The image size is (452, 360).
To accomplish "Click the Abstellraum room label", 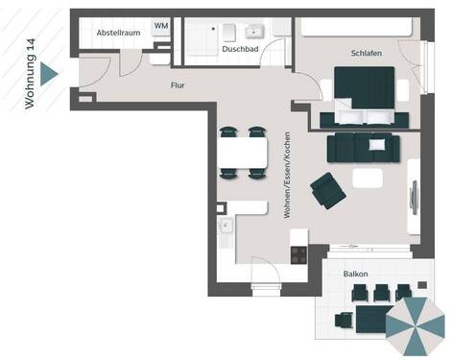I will click(119, 34).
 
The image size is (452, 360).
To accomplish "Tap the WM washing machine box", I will click(160, 26).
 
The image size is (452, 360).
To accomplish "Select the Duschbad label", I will click(239, 48).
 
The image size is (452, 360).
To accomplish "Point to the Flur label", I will click(177, 85).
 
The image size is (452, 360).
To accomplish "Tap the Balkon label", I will click(358, 274).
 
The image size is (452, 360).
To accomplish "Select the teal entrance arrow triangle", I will click(49, 73).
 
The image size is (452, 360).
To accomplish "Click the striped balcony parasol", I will click(415, 325).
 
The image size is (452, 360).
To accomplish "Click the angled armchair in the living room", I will click(327, 189).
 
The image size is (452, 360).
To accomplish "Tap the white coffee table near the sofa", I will click(367, 178).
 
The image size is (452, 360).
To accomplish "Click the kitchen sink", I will click(226, 227).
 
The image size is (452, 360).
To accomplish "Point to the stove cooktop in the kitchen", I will click(298, 254).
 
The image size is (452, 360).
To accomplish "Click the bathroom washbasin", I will click(253, 31).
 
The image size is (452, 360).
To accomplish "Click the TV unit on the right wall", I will click(414, 197).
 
